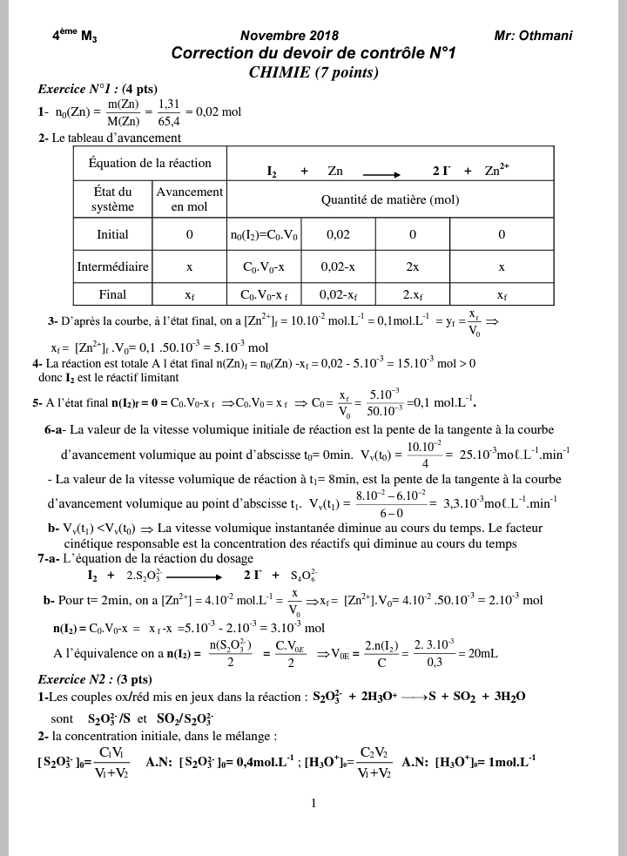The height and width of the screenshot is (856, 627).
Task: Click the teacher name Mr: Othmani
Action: click(x=533, y=36)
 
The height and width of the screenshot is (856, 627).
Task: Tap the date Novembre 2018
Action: click(x=289, y=36)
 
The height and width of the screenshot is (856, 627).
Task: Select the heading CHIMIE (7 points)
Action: click(x=313, y=72)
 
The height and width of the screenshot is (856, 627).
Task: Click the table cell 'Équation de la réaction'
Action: click(x=150, y=163)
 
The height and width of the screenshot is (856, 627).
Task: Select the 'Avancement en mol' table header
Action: click(x=189, y=199)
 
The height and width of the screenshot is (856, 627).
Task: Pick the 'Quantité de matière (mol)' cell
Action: click(x=389, y=199)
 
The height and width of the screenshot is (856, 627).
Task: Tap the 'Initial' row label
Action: click(x=112, y=234)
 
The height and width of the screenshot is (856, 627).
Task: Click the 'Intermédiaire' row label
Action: click(x=112, y=266)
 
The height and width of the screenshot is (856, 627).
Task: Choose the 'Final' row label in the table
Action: click(x=112, y=294)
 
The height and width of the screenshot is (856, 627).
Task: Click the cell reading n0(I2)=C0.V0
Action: click(x=264, y=234)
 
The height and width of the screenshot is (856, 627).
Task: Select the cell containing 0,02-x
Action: click(x=337, y=266)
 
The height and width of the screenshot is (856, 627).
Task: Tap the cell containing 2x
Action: click(x=412, y=266)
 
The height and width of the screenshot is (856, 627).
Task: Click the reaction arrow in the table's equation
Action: click(x=375, y=172)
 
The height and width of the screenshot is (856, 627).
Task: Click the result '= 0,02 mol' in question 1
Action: click(x=213, y=111)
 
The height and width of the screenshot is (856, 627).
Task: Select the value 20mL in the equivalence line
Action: click(x=477, y=653)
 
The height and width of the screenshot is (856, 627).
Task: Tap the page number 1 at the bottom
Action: click(x=313, y=804)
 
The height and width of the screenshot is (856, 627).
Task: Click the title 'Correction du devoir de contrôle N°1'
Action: click(x=313, y=54)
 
